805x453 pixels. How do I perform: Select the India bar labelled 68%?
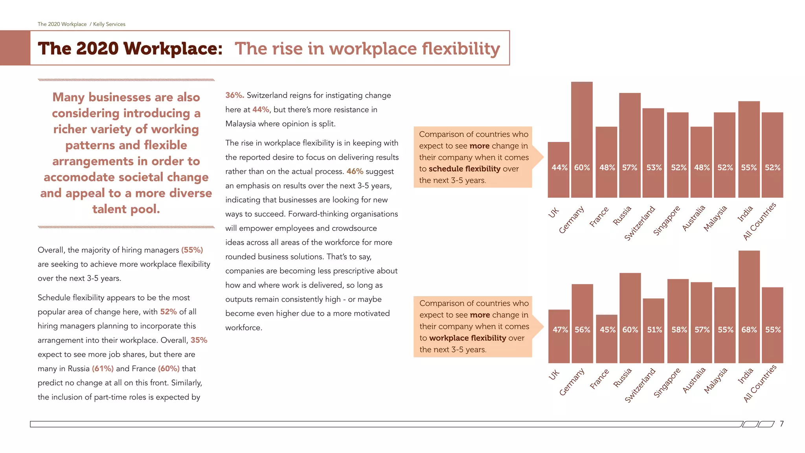pyautogui.click(x=749, y=307)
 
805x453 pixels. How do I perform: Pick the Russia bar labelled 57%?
pyautogui.click(x=630, y=145)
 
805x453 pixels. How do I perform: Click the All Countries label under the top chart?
pyautogui.click(x=759, y=221)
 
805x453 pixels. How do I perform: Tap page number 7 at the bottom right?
pyautogui.click(x=782, y=424)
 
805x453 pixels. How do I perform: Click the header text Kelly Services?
pyautogui.click(x=109, y=24)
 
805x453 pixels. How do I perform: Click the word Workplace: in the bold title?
pyautogui.click(x=173, y=49)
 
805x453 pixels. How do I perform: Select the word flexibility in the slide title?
pyautogui.click(x=461, y=49)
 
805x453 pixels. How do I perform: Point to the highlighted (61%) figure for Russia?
pyautogui.click(x=103, y=369)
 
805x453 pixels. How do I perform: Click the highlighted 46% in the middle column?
pyautogui.click(x=355, y=171)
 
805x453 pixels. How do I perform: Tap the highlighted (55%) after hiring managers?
pyautogui.click(x=192, y=250)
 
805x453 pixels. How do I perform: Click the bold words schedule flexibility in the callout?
pyautogui.click(x=465, y=169)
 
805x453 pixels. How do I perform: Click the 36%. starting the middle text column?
pyautogui.click(x=235, y=96)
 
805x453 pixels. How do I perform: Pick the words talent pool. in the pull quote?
pyautogui.click(x=126, y=209)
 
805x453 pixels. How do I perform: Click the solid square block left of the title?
pyautogui.click(x=15, y=48)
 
